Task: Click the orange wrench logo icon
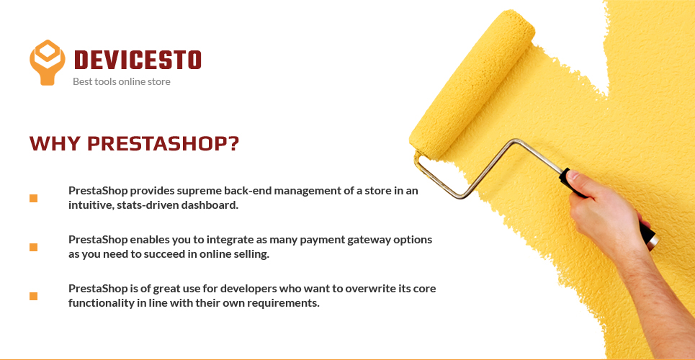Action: click(47, 62)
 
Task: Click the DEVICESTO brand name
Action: click(138, 60)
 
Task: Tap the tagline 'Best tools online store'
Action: click(122, 81)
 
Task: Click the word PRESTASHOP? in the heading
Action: click(163, 143)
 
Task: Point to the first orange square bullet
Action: click(33, 198)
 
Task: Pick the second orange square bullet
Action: click(33, 248)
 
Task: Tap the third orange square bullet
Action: click(33, 296)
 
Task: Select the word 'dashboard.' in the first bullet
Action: click(213, 206)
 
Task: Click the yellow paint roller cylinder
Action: click(472, 84)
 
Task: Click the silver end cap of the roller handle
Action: click(653, 240)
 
